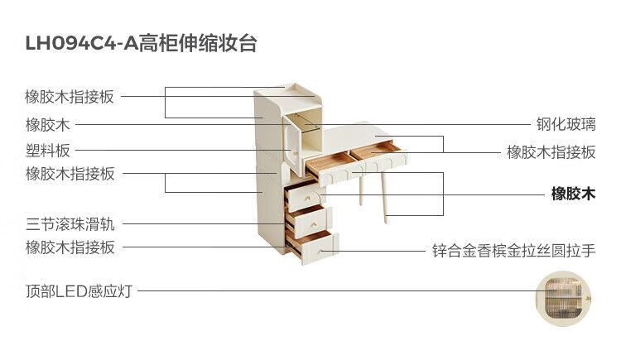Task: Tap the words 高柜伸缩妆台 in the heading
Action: pyautogui.click(x=198, y=43)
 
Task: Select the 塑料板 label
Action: pyautogui.click(x=48, y=151)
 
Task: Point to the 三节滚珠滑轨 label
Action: pyautogui.click(x=70, y=224)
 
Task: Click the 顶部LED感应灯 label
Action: pyautogui.click(x=79, y=291)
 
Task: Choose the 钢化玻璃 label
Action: pyautogui.click(x=566, y=124)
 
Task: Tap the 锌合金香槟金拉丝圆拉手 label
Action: pyautogui.click(x=513, y=251)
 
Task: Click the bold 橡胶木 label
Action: pyautogui.click(x=573, y=194)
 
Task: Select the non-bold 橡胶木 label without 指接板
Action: pyautogui.click(x=48, y=125)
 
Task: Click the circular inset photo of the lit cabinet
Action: pyautogui.click(x=563, y=298)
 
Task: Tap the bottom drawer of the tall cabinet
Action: pyautogui.click(x=312, y=247)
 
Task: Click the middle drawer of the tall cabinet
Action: pyautogui.click(x=310, y=221)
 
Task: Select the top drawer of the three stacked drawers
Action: pyautogui.click(x=304, y=195)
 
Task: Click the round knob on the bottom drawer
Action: pyautogui.click(x=320, y=251)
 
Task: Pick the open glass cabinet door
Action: pyautogui.click(x=292, y=144)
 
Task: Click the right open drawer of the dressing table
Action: pyautogui.click(x=379, y=155)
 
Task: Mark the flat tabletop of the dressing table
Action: pyautogui.click(x=349, y=137)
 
